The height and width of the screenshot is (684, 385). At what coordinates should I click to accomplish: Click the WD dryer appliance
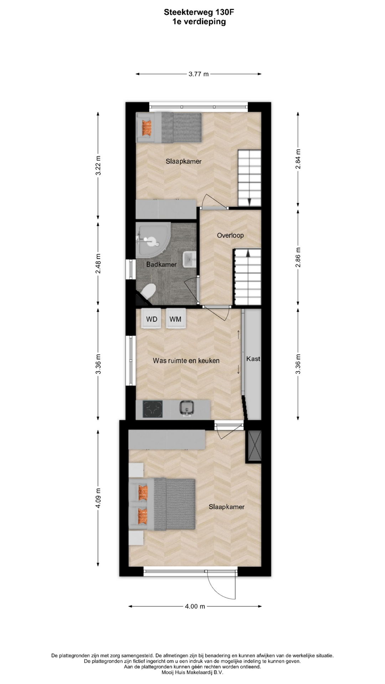pos(152,318)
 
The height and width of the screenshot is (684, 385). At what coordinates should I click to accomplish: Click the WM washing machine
pos(175,318)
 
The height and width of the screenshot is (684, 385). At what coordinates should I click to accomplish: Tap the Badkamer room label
pos(161,264)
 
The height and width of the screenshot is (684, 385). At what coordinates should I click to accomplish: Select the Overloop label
pos(230,235)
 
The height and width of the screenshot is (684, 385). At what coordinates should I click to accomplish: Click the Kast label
pos(253,359)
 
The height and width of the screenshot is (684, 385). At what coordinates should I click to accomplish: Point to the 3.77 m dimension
pos(199,74)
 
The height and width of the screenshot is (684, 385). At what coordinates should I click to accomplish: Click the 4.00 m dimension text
pos(195,606)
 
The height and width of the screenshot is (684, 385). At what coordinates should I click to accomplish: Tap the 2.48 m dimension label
pos(98,263)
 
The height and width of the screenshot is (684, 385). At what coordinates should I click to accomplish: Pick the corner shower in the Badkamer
pos(153,240)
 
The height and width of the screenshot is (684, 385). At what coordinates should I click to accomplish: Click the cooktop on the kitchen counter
pos(153,409)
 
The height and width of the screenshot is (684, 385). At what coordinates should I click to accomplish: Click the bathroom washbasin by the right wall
pos(190,260)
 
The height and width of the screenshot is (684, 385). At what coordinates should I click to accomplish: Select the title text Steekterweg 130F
pos(199,12)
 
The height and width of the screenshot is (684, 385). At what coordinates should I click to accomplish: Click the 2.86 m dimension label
pos(298,257)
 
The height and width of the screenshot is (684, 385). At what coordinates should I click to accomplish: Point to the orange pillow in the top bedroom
pos(147,127)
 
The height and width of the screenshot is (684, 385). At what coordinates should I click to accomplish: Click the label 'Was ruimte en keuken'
pos(186,361)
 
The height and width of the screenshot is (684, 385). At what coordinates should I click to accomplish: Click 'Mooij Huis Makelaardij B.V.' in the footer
pos(192,673)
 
